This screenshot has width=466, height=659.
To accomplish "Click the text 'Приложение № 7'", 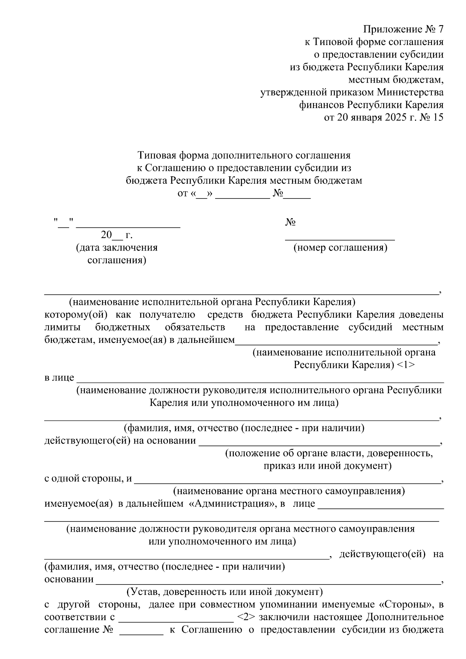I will [x=403, y=30].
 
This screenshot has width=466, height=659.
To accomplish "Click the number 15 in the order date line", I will [x=437, y=118].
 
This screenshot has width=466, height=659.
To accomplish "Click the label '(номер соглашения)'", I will [x=340, y=248].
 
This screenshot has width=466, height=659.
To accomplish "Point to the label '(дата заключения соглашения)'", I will [x=117, y=254].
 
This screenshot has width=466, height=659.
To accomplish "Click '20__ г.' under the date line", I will [x=116, y=235].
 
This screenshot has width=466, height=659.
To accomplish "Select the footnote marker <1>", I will [x=406, y=365].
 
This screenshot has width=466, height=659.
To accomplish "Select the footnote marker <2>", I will [x=245, y=617].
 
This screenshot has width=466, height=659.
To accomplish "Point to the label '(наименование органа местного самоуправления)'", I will [x=289, y=491].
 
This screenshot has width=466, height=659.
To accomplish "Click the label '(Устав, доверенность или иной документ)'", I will [x=224, y=592].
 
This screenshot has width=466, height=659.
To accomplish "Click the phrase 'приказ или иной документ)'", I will [x=327, y=466].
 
